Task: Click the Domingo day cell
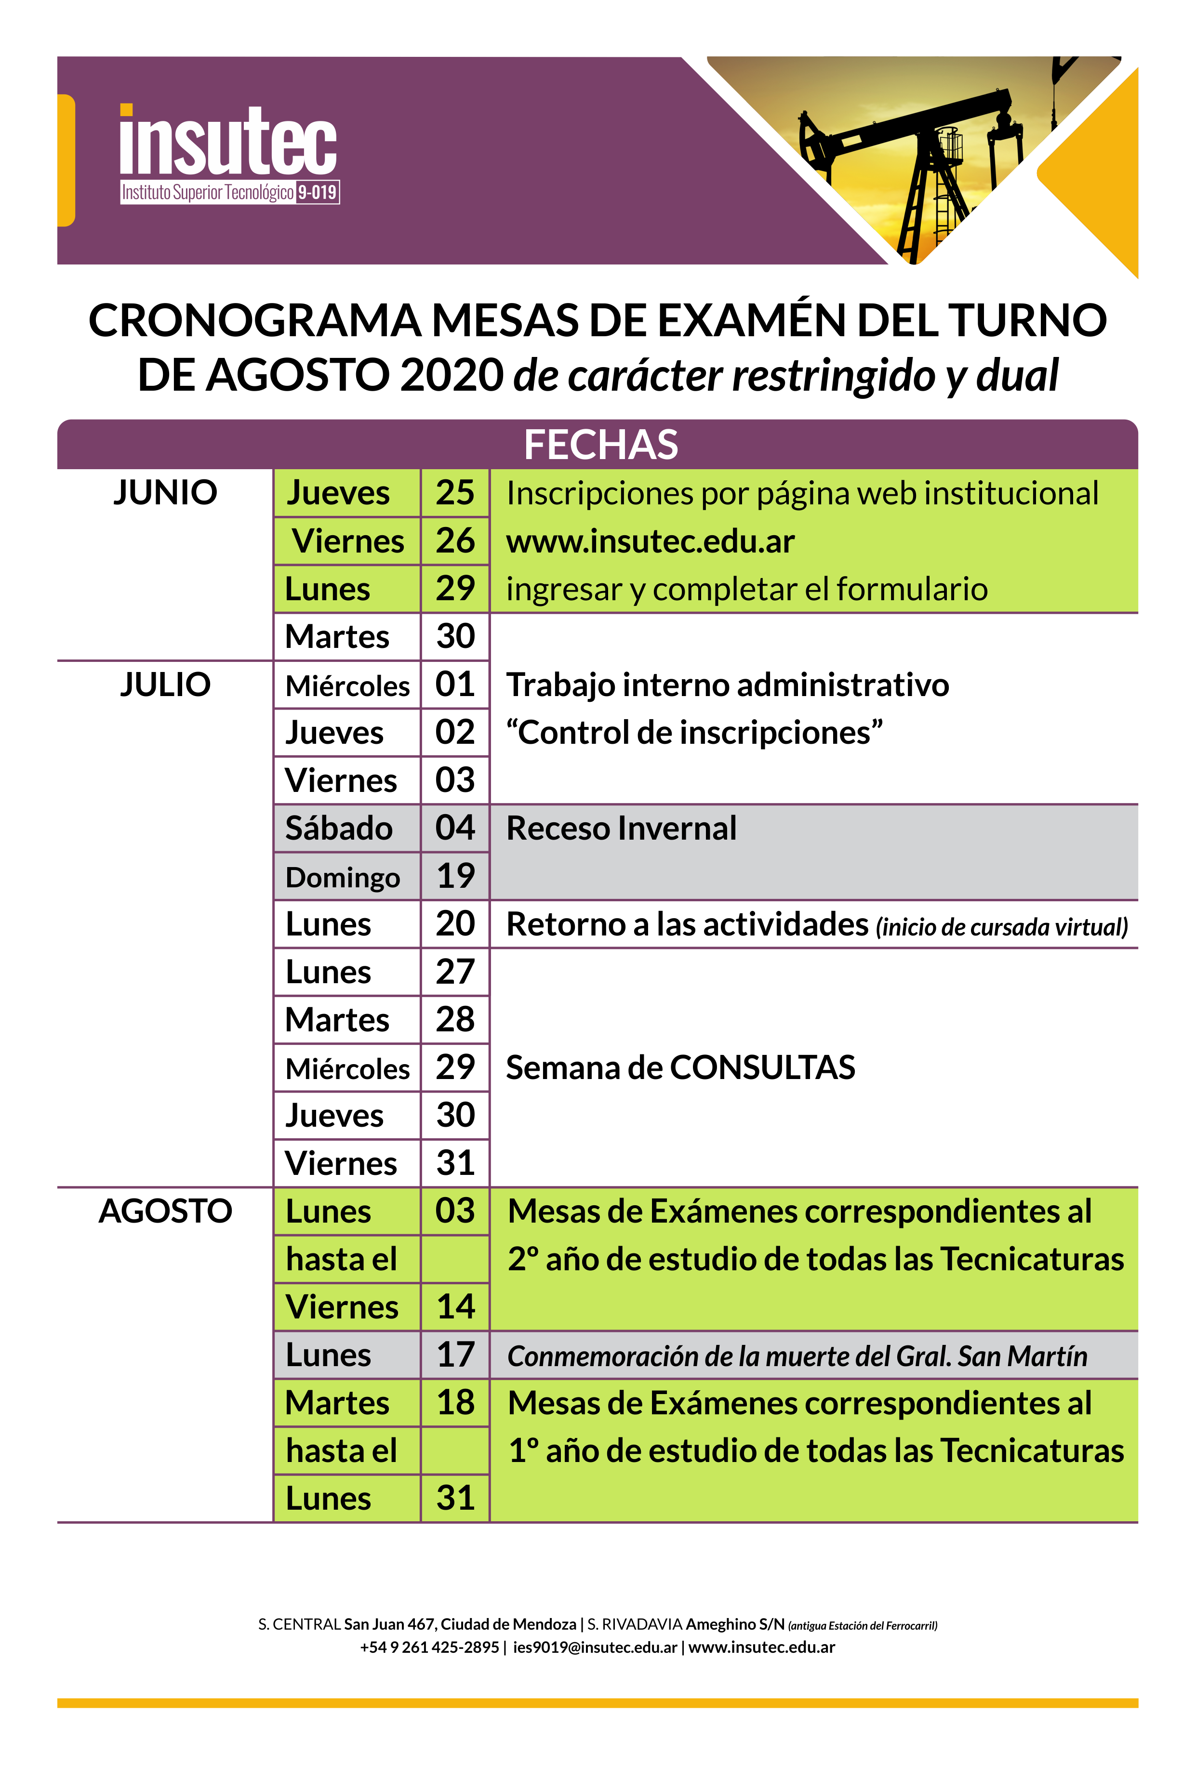[x=343, y=877]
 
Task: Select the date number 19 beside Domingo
[x=455, y=876]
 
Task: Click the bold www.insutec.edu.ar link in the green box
[x=651, y=541]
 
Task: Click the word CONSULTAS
[x=762, y=1068]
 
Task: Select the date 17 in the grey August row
[x=455, y=1355]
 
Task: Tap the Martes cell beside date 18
[x=337, y=1403]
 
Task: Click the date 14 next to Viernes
[x=455, y=1307]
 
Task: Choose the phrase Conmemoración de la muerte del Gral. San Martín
[x=797, y=1357]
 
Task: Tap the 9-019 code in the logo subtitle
[x=317, y=192]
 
